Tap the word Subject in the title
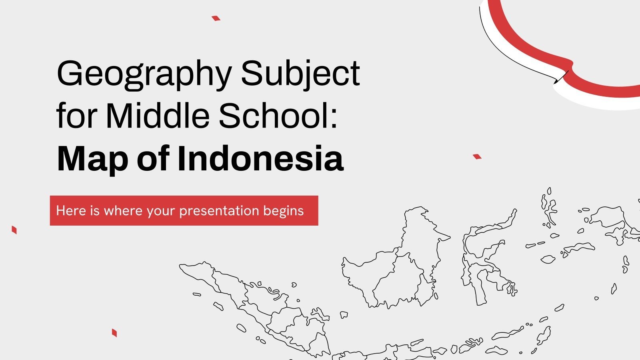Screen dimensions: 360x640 point(300,74)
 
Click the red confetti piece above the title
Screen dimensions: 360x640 point(216,18)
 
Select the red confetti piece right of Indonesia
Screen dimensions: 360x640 point(477,156)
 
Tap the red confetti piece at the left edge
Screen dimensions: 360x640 point(14,230)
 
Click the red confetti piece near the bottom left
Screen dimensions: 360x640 point(114,332)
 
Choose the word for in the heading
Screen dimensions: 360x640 point(76,116)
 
